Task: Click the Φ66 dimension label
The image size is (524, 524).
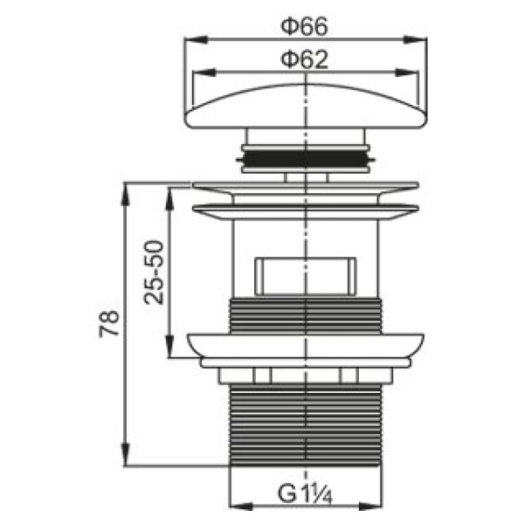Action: click(305, 27)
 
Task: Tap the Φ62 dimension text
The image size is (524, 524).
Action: click(305, 59)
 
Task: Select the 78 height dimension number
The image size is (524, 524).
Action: click(109, 323)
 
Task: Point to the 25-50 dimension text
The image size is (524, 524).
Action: click(154, 272)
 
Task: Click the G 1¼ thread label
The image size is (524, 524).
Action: click(305, 493)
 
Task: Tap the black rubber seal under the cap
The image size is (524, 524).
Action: click(306, 159)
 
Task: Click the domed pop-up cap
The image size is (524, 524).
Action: click(306, 106)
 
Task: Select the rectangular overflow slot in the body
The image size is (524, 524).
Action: click(305, 276)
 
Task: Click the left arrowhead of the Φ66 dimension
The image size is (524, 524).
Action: click(196, 39)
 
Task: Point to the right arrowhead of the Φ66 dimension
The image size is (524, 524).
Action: click(416, 39)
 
